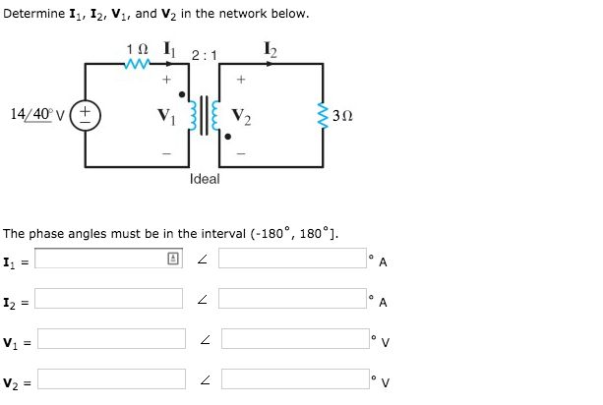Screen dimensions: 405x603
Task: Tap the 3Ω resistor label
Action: (342, 114)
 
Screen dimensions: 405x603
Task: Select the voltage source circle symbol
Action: (85, 113)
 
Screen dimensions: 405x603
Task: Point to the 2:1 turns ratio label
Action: (205, 55)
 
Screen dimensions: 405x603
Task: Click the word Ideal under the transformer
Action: (205, 179)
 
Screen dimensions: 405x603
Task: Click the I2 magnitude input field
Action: (110, 299)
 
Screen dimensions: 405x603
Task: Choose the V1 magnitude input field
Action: (110, 339)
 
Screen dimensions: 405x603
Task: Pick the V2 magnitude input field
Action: (110, 379)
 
